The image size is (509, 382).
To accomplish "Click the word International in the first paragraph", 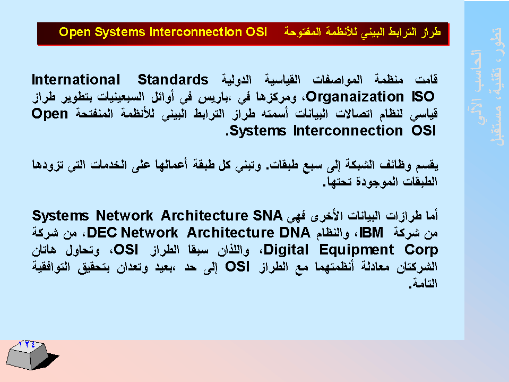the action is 76,80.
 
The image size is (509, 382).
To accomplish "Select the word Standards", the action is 173,80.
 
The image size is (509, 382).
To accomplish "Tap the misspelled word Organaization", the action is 355,97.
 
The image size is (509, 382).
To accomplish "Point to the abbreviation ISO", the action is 423,97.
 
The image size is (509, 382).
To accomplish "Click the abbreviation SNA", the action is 268,215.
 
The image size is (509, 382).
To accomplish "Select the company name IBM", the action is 372,233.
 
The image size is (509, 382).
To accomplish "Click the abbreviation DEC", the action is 102,233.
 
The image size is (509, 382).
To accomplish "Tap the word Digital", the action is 286,250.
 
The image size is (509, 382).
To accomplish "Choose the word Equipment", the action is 357,250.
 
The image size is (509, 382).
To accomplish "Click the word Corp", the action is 421,250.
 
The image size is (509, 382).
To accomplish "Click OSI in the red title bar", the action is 256,32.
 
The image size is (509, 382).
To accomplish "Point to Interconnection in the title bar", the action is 196,32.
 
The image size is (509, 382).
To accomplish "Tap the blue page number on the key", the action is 27,344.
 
